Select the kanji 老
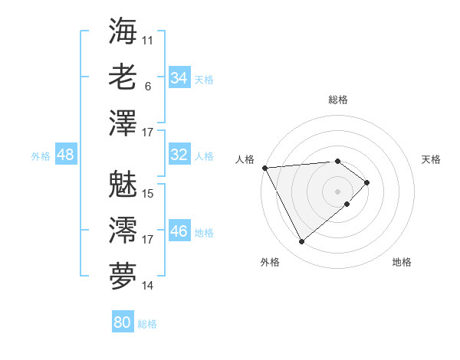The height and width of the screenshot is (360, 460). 123,77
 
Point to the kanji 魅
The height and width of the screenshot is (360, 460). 123,184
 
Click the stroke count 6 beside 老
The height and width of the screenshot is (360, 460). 148,87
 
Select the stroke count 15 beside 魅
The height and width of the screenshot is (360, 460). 148,193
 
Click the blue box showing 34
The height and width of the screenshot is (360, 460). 179,78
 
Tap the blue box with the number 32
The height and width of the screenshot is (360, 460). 179,155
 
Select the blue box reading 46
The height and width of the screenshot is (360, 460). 179,231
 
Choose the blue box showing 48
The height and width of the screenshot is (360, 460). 65,155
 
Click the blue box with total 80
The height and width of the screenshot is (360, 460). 122,322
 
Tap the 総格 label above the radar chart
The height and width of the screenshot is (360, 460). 338,100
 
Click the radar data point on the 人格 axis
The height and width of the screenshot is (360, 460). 264,167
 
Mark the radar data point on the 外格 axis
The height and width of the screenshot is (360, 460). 301,242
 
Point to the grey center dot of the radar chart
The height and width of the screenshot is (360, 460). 337,191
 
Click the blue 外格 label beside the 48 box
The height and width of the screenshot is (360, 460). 41,156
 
